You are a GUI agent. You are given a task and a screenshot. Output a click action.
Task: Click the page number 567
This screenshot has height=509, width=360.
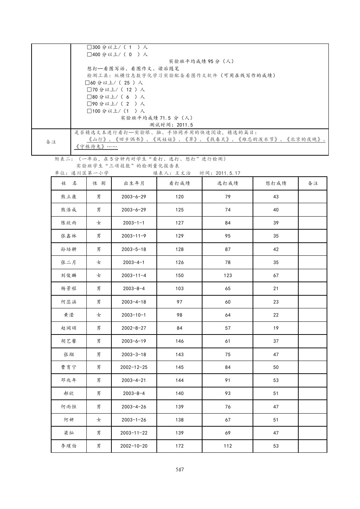(180, 469)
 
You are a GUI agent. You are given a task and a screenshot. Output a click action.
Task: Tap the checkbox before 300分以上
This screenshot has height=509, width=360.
(89, 48)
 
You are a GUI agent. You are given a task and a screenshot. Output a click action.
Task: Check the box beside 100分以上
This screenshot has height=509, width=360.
(89, 111)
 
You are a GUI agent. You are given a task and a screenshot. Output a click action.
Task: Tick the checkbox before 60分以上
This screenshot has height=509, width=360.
(87, 83)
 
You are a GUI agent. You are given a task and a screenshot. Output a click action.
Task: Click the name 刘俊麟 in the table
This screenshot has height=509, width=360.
(69, 275)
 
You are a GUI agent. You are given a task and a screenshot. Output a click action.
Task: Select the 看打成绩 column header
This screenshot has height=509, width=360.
(179, 183)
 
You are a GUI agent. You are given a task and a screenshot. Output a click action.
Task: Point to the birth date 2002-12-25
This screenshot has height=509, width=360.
(134, 367)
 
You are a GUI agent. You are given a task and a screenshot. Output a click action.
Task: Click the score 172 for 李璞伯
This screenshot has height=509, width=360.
(179, 446)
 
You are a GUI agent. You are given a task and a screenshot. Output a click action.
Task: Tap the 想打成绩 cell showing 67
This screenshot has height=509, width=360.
(276, 275)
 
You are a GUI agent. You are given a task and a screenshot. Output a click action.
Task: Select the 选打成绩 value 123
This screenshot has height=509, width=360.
(228, 275)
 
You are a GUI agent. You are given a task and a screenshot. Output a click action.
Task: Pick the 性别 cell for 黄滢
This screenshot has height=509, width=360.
(99, 315)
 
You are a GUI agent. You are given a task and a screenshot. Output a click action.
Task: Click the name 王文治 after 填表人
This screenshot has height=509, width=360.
(183, 173)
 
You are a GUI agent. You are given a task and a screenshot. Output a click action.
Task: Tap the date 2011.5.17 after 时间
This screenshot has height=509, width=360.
(228, 173)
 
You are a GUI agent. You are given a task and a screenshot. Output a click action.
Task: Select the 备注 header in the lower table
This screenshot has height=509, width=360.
(313, 183)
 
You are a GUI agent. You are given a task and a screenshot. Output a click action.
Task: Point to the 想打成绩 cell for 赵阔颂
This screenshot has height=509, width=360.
(276, 328)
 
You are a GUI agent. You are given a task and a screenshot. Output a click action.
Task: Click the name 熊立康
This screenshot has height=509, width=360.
(69, 197)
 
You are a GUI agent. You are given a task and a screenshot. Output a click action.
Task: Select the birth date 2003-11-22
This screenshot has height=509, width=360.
(134, 433)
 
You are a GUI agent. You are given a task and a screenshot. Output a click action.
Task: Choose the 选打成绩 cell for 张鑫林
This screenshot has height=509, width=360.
(228, 236)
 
